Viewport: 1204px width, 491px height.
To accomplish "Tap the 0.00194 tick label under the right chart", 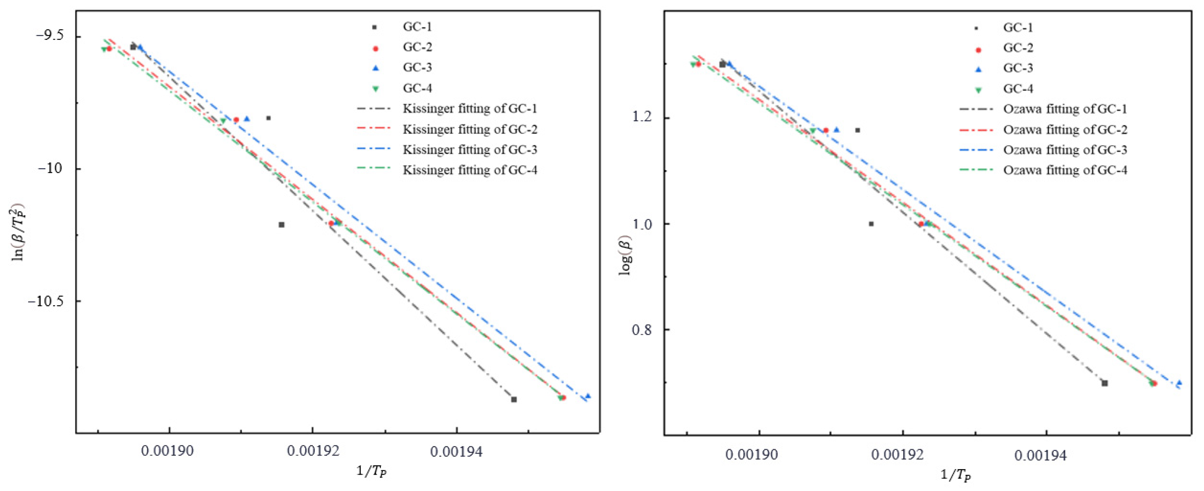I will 1041,456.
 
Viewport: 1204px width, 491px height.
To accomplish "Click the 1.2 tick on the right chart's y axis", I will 645,117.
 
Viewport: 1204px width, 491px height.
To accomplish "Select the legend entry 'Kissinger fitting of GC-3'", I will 470,149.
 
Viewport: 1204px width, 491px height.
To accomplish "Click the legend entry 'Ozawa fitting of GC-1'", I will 1065,109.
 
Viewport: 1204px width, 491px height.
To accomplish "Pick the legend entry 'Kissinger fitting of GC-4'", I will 470,170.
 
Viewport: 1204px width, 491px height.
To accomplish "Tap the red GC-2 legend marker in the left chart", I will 375,48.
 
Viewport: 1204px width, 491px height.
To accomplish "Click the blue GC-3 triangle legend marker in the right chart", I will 978,69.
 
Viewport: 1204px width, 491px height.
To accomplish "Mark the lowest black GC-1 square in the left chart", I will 514,400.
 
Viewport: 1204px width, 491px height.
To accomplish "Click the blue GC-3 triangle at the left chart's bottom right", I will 588,396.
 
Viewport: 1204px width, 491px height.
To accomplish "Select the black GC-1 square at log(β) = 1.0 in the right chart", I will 871,224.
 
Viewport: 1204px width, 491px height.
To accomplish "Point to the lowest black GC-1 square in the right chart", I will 1105,383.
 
